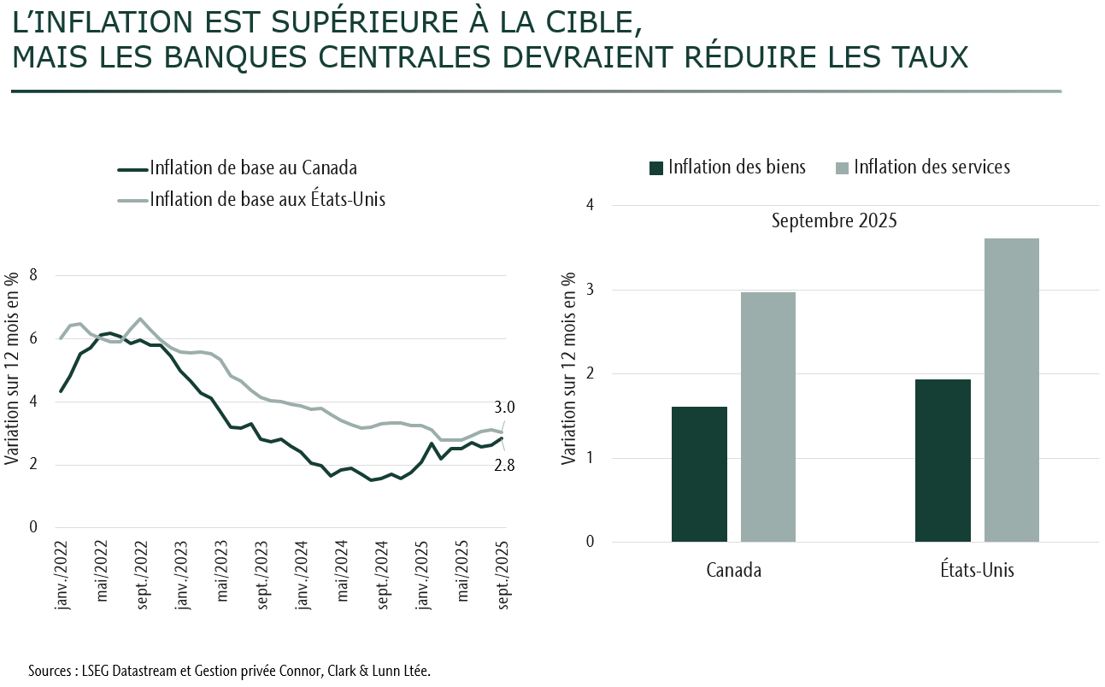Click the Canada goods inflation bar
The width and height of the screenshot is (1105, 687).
point(699,474)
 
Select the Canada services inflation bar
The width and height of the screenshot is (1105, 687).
point(768,417)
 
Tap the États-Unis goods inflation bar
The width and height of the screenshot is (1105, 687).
point(943,461)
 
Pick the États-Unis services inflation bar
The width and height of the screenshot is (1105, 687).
point(1012,390)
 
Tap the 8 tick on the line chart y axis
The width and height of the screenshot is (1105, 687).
point(34,275)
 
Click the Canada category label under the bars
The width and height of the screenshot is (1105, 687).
point(733,570)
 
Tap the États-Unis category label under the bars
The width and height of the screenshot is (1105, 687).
point(977,569)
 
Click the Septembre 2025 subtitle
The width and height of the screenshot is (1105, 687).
point(834,220)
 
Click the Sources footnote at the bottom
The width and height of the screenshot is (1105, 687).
point(229,670)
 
